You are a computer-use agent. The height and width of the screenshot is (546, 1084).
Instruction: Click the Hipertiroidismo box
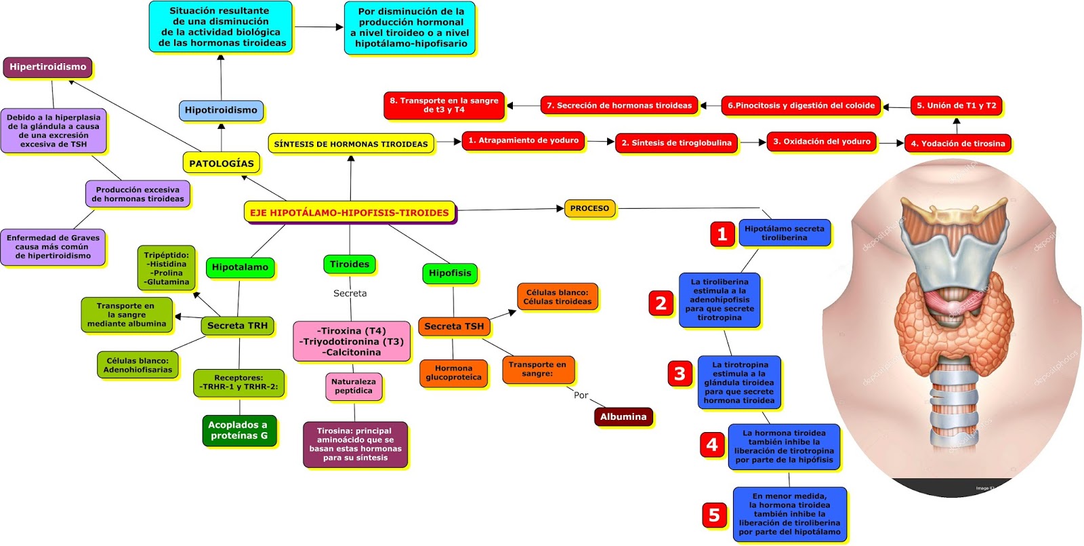[x=47, y=67]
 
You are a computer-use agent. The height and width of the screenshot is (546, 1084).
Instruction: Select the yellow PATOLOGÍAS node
[x=221, y=163]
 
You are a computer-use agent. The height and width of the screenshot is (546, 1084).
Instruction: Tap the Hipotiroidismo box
[x=221, y=110]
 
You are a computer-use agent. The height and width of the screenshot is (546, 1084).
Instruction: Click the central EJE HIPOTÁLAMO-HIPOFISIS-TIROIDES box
[x=349, y=212]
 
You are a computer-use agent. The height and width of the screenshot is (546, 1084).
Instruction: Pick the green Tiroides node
[x=350, y=265]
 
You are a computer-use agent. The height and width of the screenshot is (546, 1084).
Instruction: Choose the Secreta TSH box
[x=454, y=326]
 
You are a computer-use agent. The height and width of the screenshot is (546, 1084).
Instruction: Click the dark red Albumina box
[x=623, y=416]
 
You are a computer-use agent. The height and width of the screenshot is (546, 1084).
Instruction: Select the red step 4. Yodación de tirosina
[x=957, y=143]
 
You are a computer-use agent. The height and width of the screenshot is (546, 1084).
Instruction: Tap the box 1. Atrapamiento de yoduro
[x=523, y=141]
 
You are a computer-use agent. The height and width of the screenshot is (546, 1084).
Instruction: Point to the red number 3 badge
[x=680, y=374]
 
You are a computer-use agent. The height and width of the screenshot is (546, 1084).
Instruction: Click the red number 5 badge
[x=713, y=515]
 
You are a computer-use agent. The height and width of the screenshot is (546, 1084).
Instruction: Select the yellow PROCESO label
[x=589, y=208]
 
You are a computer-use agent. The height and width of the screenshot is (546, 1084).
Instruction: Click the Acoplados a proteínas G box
[x=238, y=430]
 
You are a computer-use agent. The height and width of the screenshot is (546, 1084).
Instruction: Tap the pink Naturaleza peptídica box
[x=353, y=386]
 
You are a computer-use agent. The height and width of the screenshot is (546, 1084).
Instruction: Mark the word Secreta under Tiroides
[x=350, y=293]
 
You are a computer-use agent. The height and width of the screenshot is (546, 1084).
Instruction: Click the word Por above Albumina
[x=581, y=395]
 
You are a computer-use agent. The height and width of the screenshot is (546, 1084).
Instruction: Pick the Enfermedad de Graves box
[x=53, y=247]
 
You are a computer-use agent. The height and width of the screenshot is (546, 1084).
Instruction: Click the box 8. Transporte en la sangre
[x=444, y=105]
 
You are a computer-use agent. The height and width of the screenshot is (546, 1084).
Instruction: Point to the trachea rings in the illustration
[x=954, y=407]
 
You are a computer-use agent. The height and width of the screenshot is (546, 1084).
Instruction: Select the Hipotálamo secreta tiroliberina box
[x=784, y=233]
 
